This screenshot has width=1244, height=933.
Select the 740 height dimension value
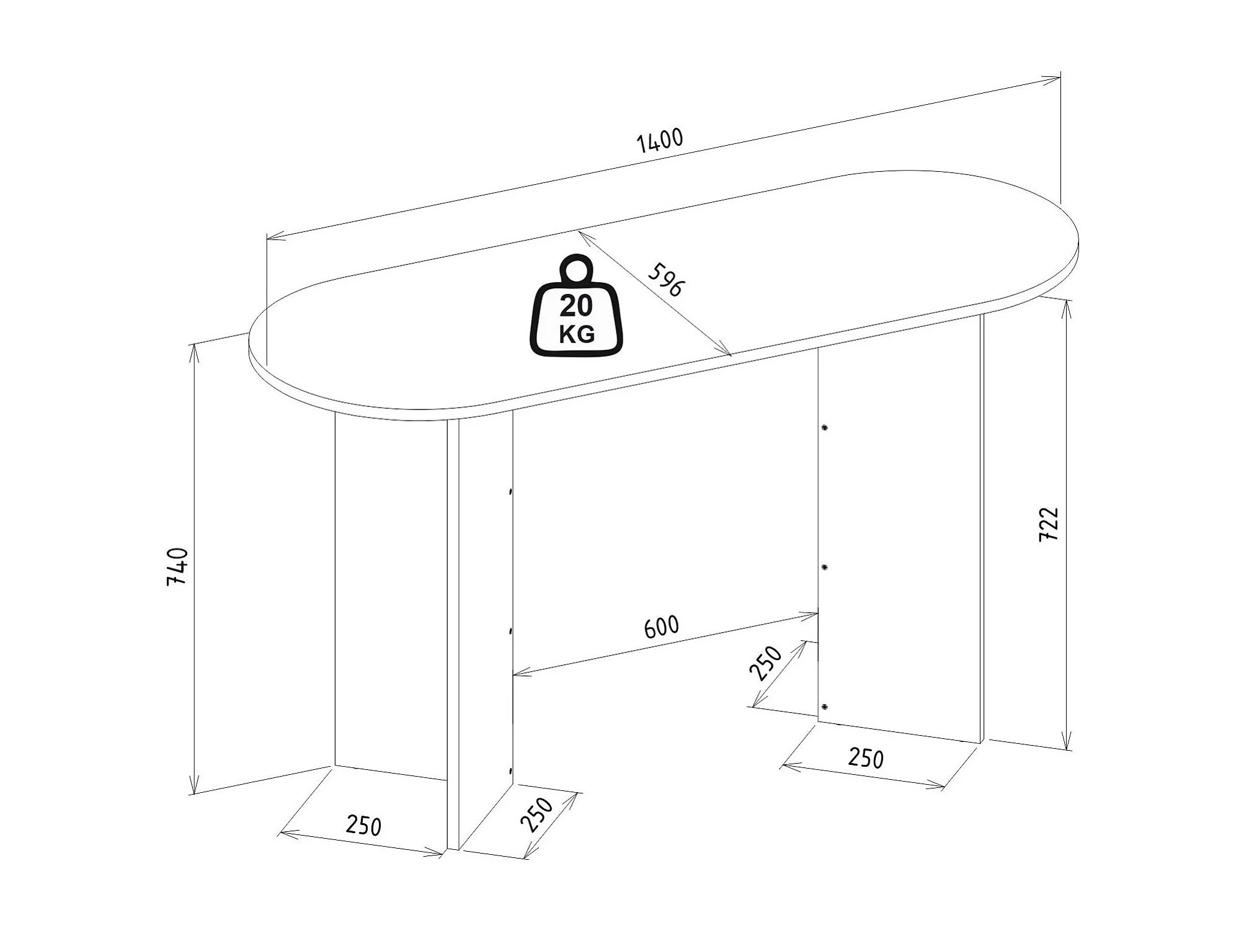177,566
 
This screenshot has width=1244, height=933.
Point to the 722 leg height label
1049,524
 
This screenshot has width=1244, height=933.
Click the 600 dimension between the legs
662,627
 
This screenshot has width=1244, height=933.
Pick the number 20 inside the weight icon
576,306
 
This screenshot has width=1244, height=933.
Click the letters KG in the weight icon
577,334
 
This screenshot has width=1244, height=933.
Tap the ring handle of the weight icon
577,269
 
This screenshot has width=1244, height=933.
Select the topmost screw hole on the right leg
825,427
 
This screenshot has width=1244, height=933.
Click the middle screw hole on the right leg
825,567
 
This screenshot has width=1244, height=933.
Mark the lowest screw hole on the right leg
825,707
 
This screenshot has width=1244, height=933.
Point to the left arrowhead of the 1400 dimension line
272,236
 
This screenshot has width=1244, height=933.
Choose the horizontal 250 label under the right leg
866,758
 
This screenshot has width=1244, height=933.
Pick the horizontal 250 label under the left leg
364,826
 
